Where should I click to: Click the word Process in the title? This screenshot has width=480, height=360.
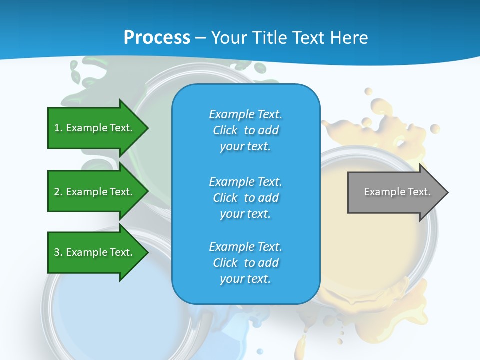point(157,38)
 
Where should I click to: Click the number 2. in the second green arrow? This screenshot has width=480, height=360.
point(58,192)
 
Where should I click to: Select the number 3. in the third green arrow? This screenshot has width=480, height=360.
point(58,252)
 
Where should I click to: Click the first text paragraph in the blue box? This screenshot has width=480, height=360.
point(245,130)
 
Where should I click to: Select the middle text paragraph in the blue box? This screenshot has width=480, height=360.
point(245,198)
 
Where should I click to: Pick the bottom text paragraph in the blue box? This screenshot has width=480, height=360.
point(245,263)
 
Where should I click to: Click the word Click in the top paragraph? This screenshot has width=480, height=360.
point(225,130)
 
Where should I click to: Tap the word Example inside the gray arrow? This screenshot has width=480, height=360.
point(381,192)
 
